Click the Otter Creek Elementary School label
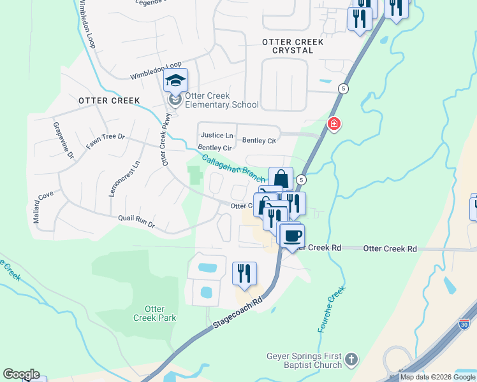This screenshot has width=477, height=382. click(221, 100)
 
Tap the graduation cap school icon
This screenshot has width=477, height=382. click(175, 81)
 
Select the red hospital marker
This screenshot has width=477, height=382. click(333, 124)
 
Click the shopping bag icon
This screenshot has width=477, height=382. click(281, 179)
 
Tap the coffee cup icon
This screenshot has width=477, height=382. click(292, 236)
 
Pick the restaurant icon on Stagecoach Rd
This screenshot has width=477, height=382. click(244, 274)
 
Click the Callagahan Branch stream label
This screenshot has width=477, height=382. click(234, 169)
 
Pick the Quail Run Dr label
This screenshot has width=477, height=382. click(136, 221)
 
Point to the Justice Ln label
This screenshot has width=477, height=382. click(217, 135)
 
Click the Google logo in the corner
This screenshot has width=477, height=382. click(21, 374)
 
